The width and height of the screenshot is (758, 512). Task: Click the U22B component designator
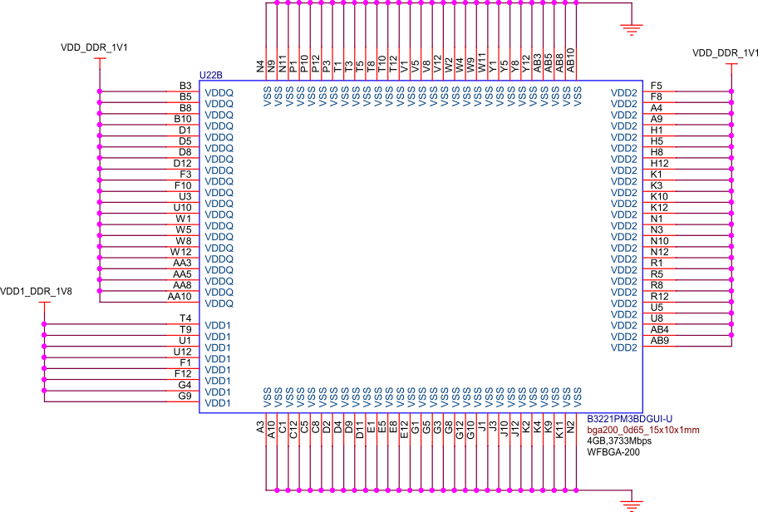click(x=211, y=76)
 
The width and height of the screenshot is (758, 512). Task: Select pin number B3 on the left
click(x=185, y=86)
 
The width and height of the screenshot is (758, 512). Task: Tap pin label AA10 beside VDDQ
click(x=180, y=297)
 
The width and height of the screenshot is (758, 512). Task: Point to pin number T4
click(x=185, y=318)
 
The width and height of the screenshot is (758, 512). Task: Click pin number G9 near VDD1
click(x=185, y=396)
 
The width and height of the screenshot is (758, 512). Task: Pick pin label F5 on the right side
click(x=657, y=86)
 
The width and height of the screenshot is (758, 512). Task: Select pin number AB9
click(x=659, y=341)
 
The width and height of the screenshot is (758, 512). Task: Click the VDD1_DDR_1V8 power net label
click(x=36, y=292)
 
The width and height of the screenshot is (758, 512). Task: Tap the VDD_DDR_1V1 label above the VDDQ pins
click(x=93, y=48)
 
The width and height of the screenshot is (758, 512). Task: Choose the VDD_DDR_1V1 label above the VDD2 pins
click(x=725, y=53)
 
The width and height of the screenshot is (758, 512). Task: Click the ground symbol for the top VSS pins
click(x=632, y=30)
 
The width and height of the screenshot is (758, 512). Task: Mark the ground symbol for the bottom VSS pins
click(x=632, y=504)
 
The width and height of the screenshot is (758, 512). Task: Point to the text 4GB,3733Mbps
click(x=619, y=441)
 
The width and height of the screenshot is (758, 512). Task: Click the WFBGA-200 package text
click(x=613, y=452)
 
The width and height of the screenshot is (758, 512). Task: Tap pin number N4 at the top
click(x=260, y=64)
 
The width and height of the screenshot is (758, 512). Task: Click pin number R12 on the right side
click(x=659, y=297)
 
